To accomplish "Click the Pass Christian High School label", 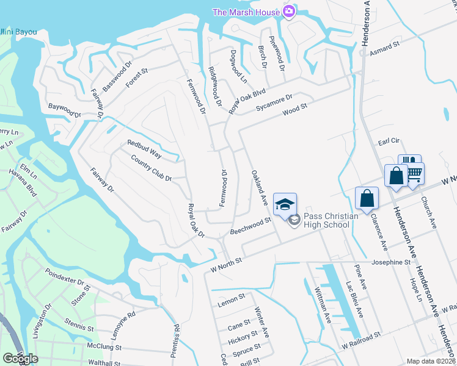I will pos(326,220).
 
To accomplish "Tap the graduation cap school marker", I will pos(285,204).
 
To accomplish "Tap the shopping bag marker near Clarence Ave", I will pos(367,199).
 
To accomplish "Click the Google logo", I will pos(20,358).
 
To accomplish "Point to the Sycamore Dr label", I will pos(275,102).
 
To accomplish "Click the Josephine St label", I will pos(390,262).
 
